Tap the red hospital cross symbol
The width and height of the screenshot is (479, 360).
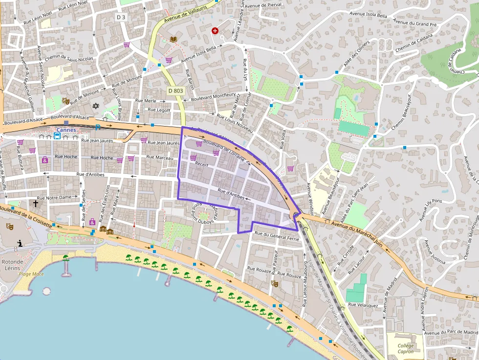[x=215, y=31]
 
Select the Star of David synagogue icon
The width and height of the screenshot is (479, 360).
[x=96, y=106]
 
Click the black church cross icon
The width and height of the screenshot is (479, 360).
[x=35, y=203]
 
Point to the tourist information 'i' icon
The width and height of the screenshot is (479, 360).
[x=20, y=243]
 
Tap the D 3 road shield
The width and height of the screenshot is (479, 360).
[x=121, y=17]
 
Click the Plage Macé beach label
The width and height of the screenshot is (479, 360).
[x=31, y=274]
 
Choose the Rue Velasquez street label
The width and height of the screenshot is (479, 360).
[x=363, y=305]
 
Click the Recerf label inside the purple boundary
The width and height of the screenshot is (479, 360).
[x=202, y=165]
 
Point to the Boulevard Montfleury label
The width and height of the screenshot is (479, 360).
[x=214, y=96]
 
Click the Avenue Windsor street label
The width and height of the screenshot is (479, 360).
[x=309, y=198]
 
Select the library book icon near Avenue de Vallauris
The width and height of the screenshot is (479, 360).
[x=173, y=39]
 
